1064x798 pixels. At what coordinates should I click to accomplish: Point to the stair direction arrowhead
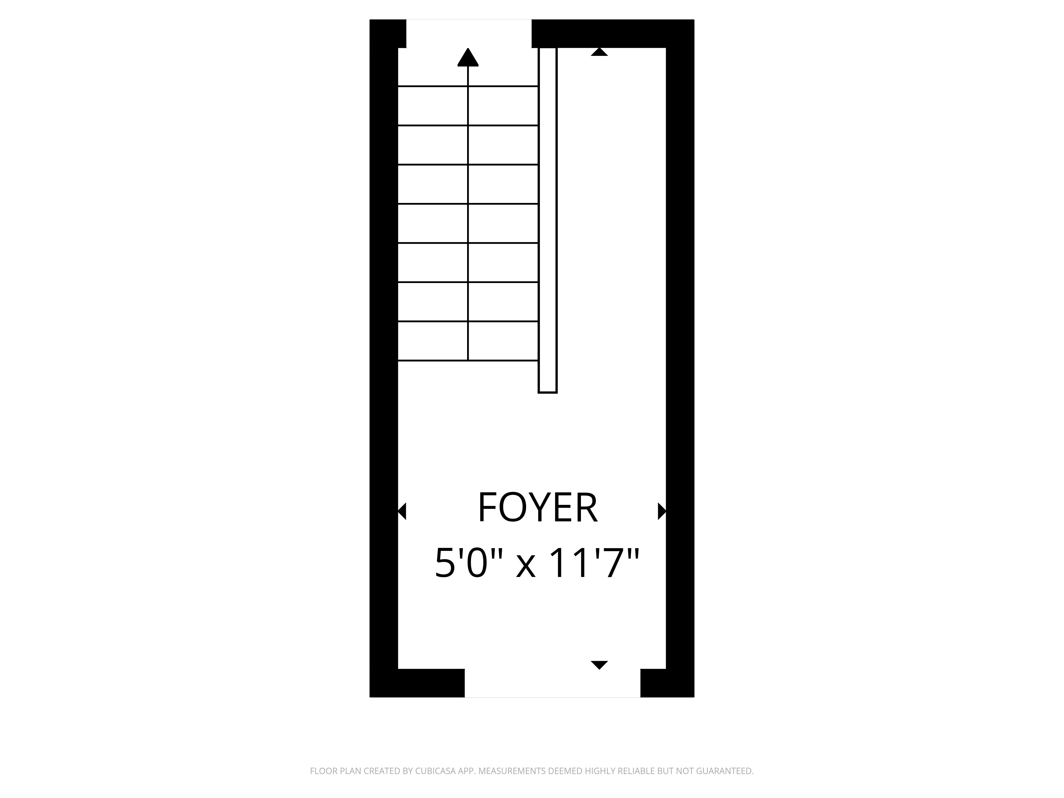pyautogui.click(x=468, y=57)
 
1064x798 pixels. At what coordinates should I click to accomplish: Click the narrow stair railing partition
pyautogui.click(x=547, y=220)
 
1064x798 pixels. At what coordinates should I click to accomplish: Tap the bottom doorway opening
pyautogui.click(x=552, y=683)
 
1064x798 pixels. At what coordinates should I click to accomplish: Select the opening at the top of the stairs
pyautogui.click(x=469, y=34)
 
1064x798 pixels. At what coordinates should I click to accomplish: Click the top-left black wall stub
pyautogui.click(x=388, y=34)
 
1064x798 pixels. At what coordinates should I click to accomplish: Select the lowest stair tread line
pyautogui.click(x=468, y=360)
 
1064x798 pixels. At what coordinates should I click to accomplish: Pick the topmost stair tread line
pyautogui.click(x=468, y=86)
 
